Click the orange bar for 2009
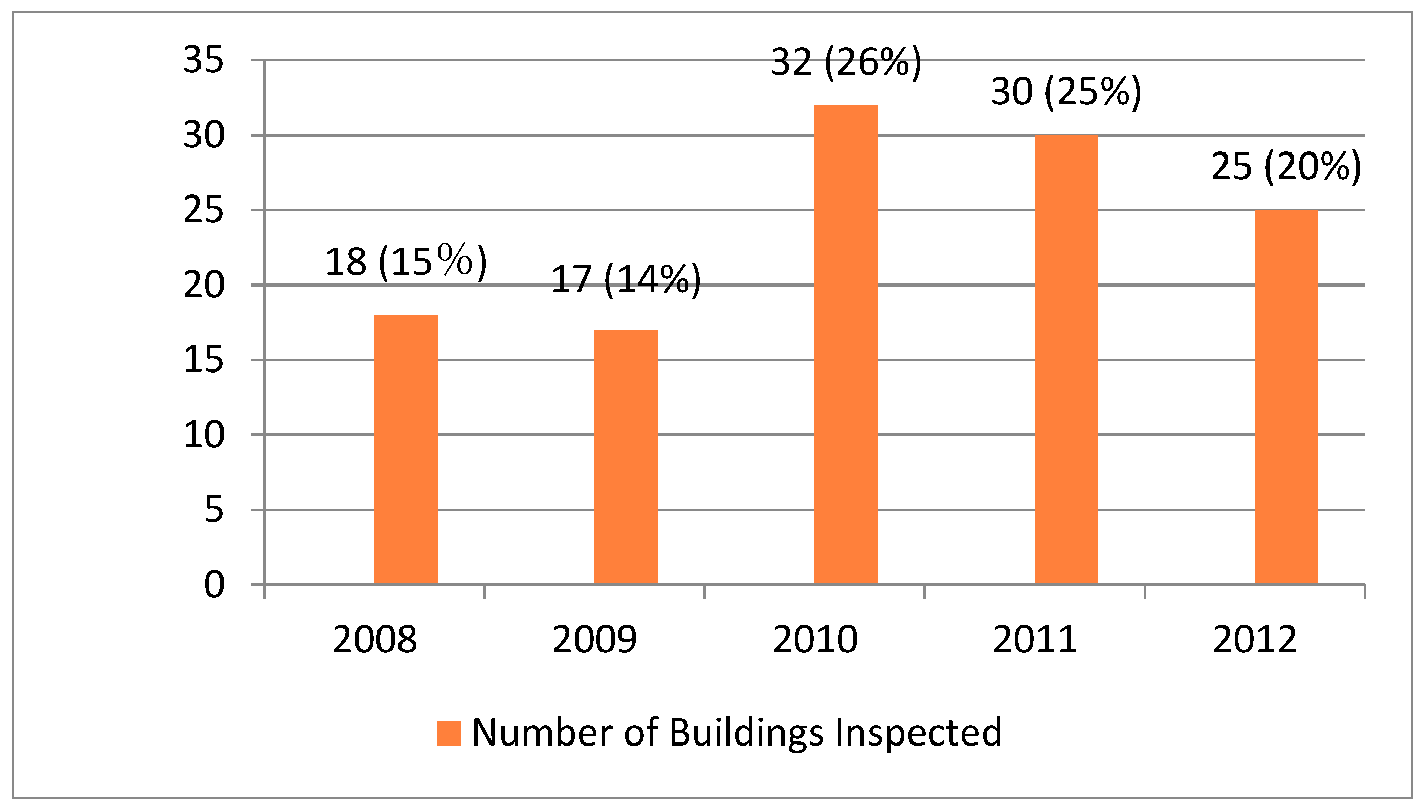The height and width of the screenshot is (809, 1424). (626, 457)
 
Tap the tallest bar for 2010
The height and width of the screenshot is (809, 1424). (846, 344)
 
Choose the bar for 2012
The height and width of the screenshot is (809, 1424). (1286, 397)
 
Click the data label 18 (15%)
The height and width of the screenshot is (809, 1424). (406, 261)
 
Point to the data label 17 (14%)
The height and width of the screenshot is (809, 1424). (626, 279)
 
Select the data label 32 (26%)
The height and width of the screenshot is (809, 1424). (846, 62)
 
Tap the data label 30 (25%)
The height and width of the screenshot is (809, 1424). (1066, 92)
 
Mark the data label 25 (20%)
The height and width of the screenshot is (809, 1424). (1286, 166)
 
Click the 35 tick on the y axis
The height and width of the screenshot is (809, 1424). (204, 60)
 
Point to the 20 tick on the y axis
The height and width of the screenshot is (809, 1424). (204, 286)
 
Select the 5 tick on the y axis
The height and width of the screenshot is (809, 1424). (214, 510)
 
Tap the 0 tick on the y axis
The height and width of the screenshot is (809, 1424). (214, 584)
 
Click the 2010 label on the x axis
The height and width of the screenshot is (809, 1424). (815, 640)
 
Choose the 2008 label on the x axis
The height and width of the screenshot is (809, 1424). (375, 640)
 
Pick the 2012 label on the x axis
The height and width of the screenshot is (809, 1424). (1255, 640)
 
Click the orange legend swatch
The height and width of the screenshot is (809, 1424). (449, 733)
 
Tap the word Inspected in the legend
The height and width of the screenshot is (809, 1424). (919, 733)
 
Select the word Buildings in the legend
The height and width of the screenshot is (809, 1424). (746, 733)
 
